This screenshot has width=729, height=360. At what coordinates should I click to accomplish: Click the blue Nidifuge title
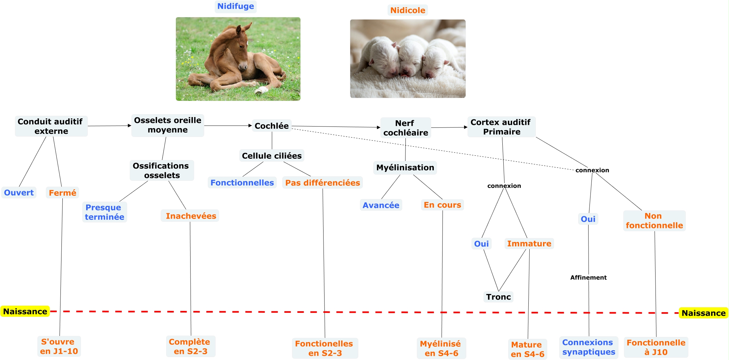click(x=235, y=7)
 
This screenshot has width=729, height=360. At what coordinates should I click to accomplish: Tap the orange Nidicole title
click(x=407, y=10)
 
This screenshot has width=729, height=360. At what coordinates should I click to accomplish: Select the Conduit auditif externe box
click(x=51, y=126)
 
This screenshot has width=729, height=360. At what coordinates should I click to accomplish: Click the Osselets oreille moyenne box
click(x=167, y=125)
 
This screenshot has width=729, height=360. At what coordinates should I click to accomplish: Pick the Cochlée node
click(x=272, y=126)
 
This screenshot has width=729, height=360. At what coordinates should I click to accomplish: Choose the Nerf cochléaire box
click(x=405, y=128)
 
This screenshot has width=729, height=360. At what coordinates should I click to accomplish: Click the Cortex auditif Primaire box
click(x=501, y=127)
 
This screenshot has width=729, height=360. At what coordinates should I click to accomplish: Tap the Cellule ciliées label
click(x=272, y=156)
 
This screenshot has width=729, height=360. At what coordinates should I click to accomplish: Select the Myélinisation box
click(x=405, y=167)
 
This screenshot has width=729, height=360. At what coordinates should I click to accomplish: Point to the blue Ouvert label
click(x=19, y=193)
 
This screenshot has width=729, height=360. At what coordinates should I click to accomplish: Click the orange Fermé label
click(x=62, y=193)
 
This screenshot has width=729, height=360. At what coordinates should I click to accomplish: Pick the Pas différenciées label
click(x=322, y=183)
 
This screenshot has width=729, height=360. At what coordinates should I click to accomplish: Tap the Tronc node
click(x=498, y=297)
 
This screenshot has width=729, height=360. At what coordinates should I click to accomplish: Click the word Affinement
click(x=588, y=277)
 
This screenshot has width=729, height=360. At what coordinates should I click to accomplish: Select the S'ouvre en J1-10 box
click(x=59, y=346)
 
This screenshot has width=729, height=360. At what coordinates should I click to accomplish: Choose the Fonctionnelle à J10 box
click(x=656, y=347)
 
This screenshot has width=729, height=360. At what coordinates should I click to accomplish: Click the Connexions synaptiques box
click(x=589, y=347)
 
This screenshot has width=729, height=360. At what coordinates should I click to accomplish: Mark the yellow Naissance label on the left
click(x=25, y=312)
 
